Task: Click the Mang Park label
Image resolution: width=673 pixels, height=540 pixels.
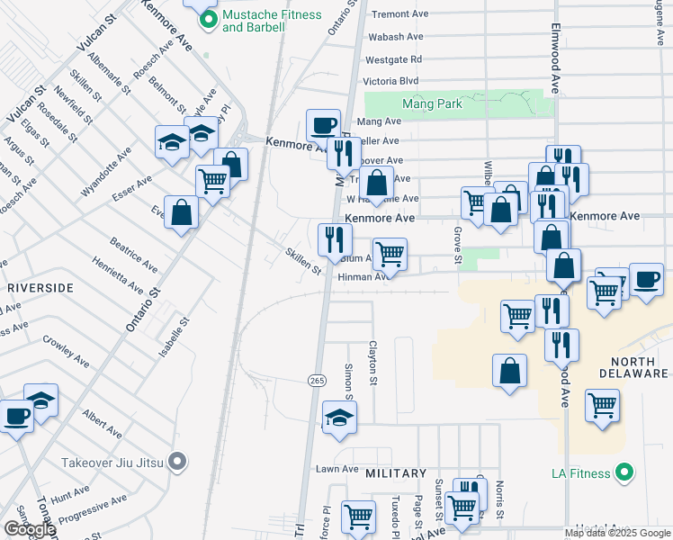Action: coord(433,104)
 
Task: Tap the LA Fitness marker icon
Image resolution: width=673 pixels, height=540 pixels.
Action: coord(624,472)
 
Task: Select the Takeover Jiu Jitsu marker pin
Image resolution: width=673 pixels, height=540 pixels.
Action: coord(178,463)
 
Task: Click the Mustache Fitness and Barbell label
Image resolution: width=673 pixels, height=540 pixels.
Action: coord(258,21)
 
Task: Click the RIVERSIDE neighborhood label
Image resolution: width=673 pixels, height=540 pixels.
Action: coord(40,288)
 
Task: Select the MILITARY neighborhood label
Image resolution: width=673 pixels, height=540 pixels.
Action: coord(396,473)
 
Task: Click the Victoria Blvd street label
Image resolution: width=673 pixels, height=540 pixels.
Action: coord(393,81)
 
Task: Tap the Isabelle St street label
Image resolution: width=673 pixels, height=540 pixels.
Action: coord(174,337)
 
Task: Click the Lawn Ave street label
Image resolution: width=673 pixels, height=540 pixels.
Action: coord(337,469)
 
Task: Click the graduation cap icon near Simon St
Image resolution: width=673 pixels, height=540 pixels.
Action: coord(339,416)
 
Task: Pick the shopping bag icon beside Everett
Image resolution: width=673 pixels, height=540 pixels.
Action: coord(182,212)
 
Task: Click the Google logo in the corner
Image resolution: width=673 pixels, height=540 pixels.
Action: coord(29,529)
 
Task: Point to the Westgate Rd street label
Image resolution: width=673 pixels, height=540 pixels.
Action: coord(393,60)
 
